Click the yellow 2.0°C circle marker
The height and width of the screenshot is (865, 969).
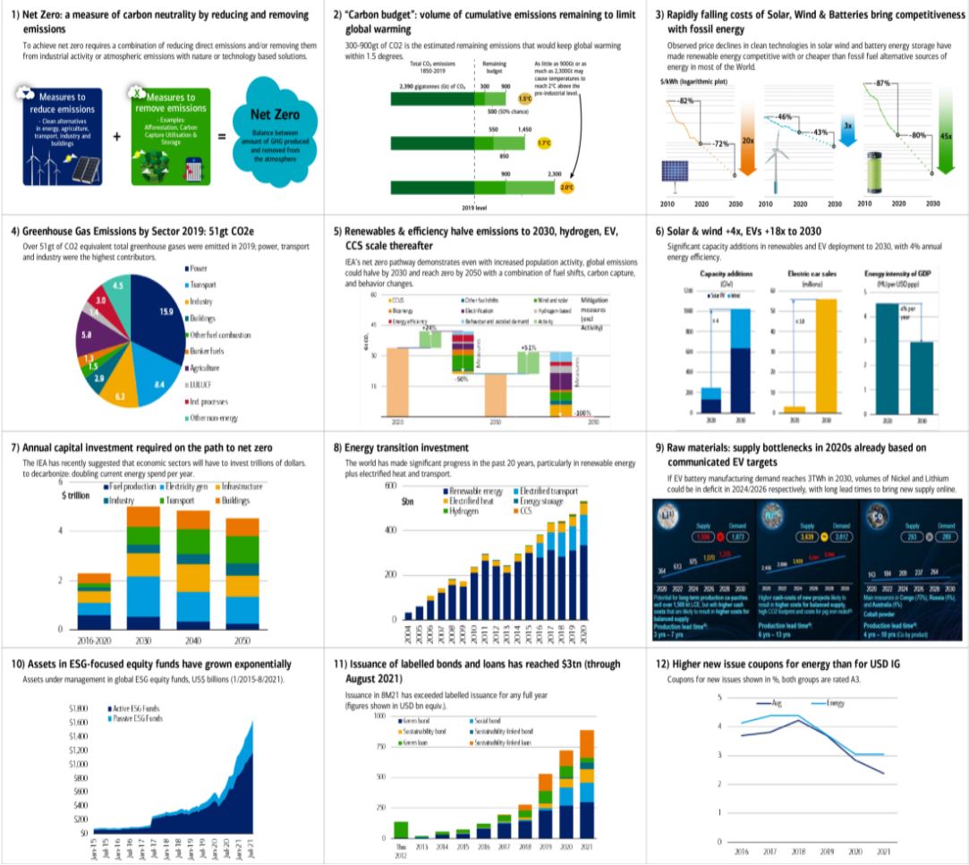565,188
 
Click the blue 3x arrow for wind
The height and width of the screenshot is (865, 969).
847,130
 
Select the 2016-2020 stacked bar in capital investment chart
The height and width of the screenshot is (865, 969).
93,602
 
